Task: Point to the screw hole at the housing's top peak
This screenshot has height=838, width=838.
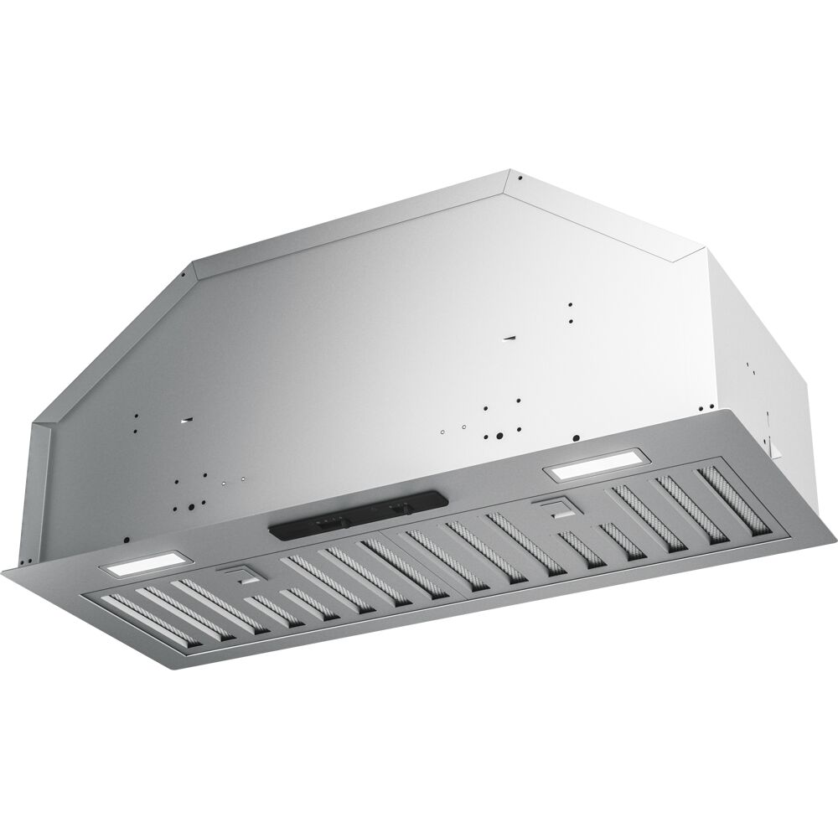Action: pos(520,178)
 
